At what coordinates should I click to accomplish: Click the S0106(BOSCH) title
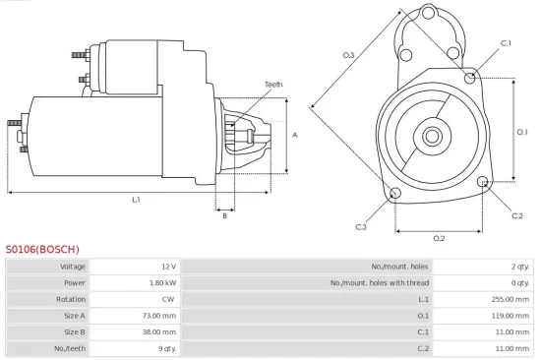pos(42,249)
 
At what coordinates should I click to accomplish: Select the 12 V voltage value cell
pos(168,267)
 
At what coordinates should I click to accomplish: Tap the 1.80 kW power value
pos(163,283)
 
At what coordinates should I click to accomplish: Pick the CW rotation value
pos(170,300)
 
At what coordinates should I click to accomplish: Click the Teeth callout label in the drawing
pos(273,85)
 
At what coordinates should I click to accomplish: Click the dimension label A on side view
pos(295,134)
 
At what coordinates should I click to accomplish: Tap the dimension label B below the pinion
pos(224,216)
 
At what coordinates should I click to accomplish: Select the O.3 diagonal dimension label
pos(348,55)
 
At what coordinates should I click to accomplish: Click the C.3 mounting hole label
pos(361,227)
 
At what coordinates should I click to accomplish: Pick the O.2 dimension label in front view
pos(439,239)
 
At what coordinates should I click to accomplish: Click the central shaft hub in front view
pos(433,133)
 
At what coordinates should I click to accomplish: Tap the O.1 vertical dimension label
pos(522,131)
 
